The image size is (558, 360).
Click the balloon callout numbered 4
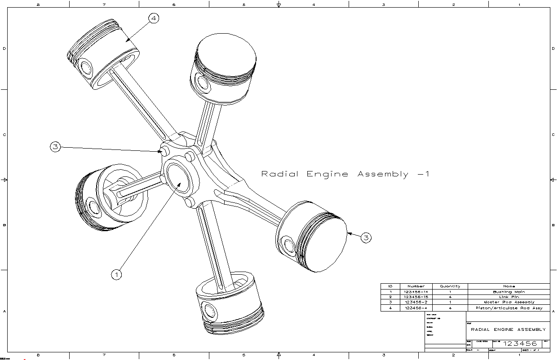pos(154,18)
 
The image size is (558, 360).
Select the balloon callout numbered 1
pos(116,274)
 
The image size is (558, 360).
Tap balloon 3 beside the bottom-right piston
pos(366,238)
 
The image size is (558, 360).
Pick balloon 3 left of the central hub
pos(55,147)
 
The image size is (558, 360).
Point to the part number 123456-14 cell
pos(416,292)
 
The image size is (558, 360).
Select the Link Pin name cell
pos(509,297)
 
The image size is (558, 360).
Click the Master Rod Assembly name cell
pos(509,303)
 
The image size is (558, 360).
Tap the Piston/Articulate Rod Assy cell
pos(509,308)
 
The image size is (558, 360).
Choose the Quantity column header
pos(450,286)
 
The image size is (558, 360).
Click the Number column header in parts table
pos(416,286)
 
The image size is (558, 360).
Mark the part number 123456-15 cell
pos(416,297)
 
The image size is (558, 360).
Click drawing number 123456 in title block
pos(520,344)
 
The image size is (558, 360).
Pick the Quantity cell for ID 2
pos(450,297)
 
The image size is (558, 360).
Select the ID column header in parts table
pos(390,286)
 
